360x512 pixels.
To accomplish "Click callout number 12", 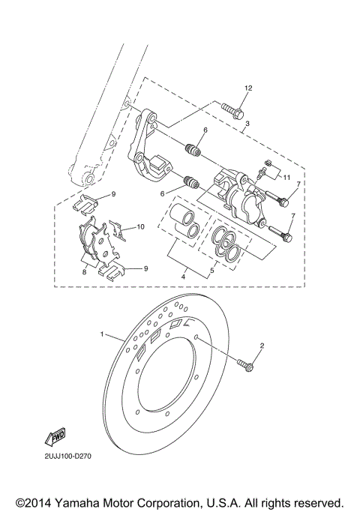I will coord(248,88).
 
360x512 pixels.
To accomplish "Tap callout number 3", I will coord(247,123).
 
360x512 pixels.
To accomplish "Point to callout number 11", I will coord(286,176).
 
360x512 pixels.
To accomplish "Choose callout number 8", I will coord(84,274).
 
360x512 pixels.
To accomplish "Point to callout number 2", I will coord(262,346).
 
